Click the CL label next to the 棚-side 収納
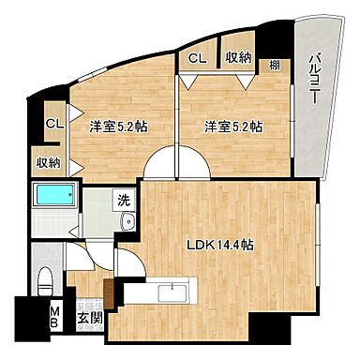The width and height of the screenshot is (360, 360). click(x=197, y=57)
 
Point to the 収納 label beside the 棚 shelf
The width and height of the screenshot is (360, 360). click(x=237, y=57)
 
